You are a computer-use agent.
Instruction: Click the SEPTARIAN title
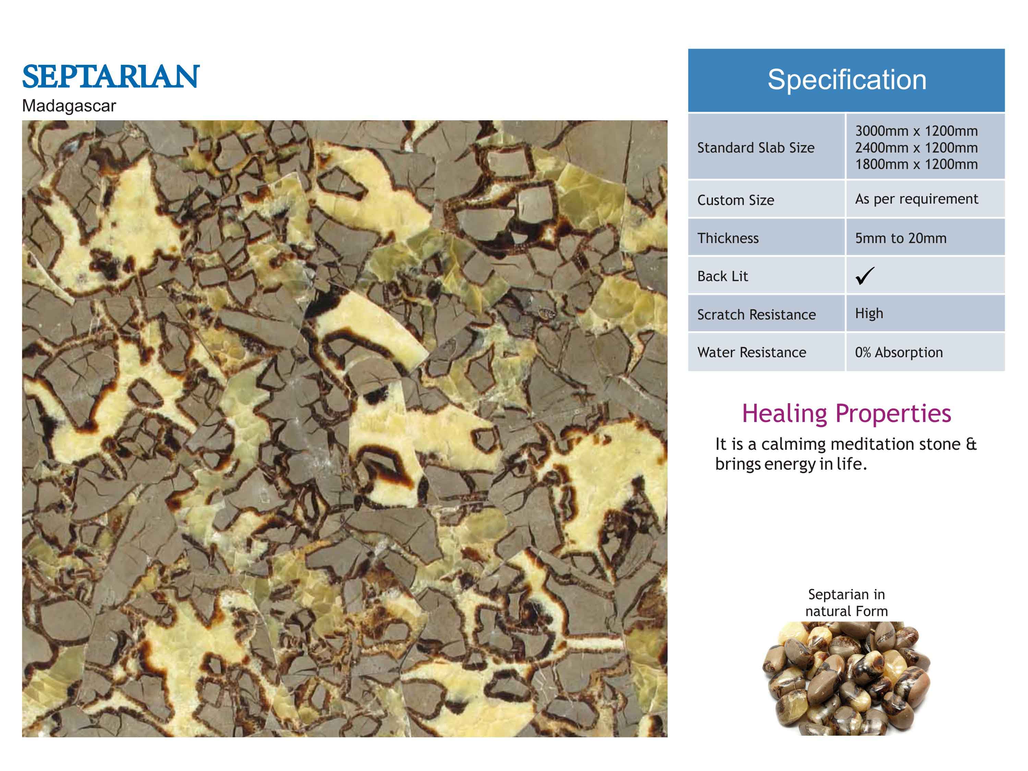[x=111, y=77]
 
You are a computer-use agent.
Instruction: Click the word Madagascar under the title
[x=69, y=106]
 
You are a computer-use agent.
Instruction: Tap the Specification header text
[x=847, y=80]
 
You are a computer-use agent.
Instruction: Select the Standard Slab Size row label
[x=756, y=148]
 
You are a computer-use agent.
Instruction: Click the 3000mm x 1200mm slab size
[x=917, y=131]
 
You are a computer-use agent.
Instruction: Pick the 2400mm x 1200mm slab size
[x=917, y=148]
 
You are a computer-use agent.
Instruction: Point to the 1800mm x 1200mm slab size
[x=917, y=165]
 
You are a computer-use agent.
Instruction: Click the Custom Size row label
[x=736, y=200]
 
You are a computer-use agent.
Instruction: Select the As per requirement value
[x=917, y=199]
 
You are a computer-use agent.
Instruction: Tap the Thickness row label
[x=728, y=238]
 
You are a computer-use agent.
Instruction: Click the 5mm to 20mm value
[x=901, y=238]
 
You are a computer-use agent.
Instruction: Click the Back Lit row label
[x=723, y=277]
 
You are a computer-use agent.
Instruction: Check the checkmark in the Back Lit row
[x=864, y=276]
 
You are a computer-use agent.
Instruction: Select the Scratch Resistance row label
[x=757, y=315]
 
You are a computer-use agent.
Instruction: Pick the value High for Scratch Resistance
[x=869, y=314]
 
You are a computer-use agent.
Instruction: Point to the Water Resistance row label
[x=751, y=352]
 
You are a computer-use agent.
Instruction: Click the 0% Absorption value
[x=899, y=353]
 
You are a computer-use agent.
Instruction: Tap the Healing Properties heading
[x=846, y=413]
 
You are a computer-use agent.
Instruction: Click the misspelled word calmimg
[x=796, y=444]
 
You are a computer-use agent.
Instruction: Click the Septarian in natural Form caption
[x=846, y=602]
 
